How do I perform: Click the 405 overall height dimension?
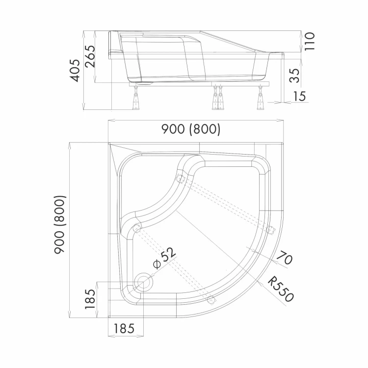tap(76, 71)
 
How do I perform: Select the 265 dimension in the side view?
tap(90, 56)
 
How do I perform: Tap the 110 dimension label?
tap(310, 42)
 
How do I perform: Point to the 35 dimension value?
tap(295, 76)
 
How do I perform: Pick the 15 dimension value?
tap(299, 96)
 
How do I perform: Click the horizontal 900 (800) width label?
tap(191, 130)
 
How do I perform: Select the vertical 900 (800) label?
tap(59, 225)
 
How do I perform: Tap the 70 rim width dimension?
tap(285, 258)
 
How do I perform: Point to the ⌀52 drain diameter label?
tap(164, 258)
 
